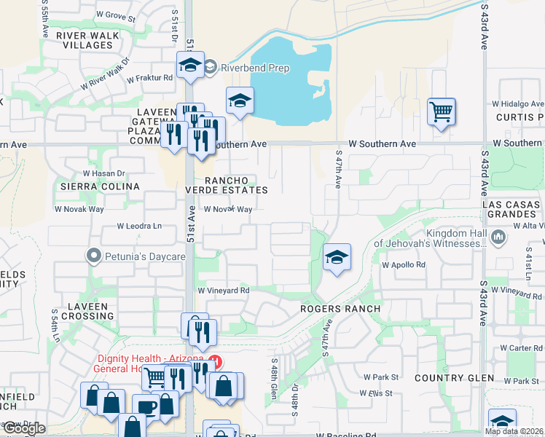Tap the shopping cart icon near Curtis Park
point(441,112)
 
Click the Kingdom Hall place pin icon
point(498,237)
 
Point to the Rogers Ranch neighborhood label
point(341,309)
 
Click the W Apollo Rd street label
point(403,265)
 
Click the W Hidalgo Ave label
point(519,104)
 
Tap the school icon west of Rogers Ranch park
point(336,257)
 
